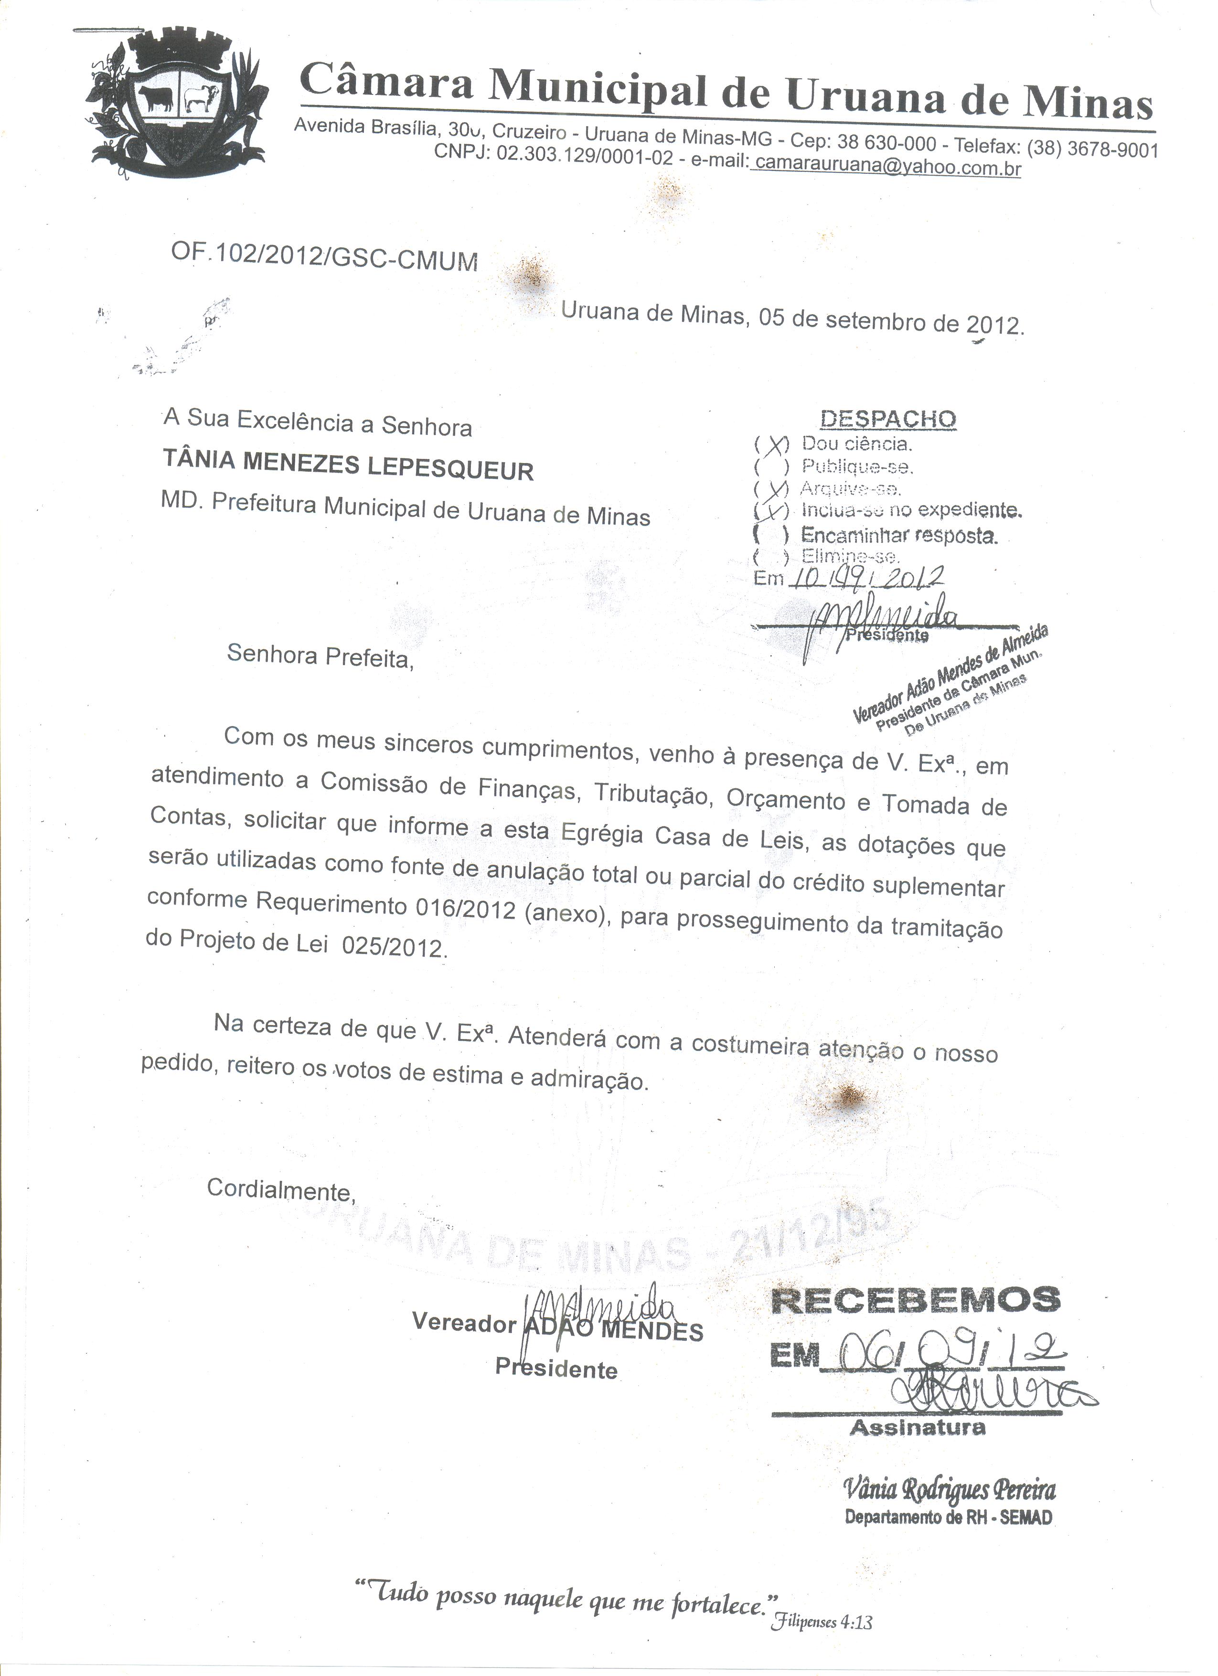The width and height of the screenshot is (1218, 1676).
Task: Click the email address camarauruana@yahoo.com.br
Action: [886, 166]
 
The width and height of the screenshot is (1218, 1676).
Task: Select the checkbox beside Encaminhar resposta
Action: [771, 533]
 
